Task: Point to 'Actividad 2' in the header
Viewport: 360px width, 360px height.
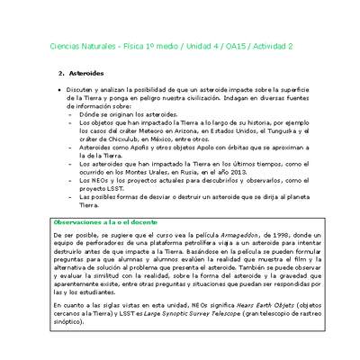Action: tap(283, 43)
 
